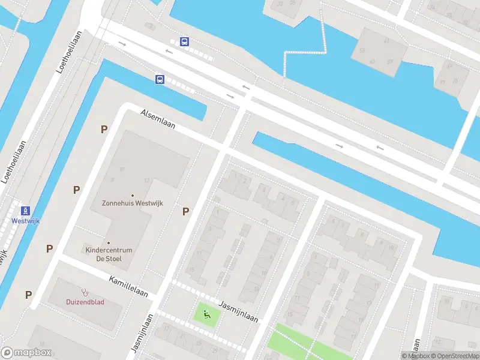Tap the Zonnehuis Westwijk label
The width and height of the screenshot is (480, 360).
click(x=132, y=203)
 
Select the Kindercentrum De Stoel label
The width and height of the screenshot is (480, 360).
click(x=108, y=254)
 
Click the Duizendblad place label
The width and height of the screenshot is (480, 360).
click(x=85, y=302)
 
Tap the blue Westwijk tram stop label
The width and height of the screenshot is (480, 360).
click(x=25, y=221)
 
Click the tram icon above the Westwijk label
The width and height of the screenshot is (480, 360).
click(x=25, y=210)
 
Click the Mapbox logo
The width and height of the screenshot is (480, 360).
click(x=27, y=353)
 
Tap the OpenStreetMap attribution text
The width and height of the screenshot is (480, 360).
click(x=455, y=356)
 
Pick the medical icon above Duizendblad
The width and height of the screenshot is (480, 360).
click(x=85, y=292)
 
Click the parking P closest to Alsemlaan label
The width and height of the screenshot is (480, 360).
click(x=104, y=129)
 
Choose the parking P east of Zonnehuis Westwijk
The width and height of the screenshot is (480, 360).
click(x=186, y=211)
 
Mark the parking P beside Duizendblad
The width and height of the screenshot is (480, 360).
click(x=28, y=295)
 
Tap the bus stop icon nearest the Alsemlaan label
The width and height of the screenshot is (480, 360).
click(x=160, y=79)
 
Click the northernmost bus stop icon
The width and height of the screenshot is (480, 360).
click(x=184, y=42)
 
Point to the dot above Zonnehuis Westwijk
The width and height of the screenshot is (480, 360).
click(x=132, y=194)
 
